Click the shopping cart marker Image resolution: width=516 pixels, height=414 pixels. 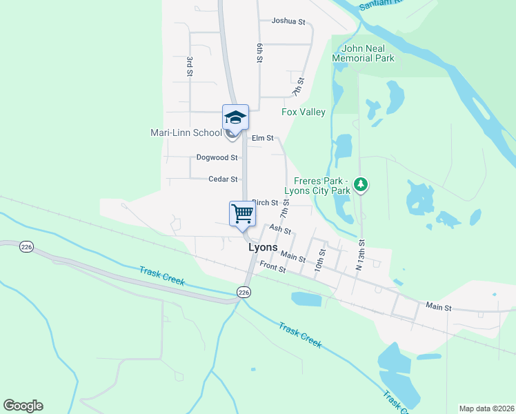242,213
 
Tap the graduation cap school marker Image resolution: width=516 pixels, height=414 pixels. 235,117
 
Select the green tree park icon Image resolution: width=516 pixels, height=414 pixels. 360,184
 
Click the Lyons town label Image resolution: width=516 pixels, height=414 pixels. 263,247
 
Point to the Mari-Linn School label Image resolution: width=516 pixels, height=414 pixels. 186,132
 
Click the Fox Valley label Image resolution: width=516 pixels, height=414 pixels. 304,112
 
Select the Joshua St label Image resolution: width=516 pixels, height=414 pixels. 288,21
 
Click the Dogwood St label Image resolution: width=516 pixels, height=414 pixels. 217,158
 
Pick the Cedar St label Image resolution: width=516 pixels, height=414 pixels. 223,179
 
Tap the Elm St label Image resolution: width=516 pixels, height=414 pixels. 263,138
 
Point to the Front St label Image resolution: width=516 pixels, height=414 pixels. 272,266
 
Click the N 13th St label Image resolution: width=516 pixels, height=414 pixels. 359,255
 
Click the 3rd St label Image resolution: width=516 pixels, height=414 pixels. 188,66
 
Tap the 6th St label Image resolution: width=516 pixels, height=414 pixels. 260,54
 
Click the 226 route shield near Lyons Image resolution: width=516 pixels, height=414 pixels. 243,293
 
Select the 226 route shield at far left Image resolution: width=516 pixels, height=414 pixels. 26,247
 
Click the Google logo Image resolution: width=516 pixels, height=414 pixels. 23,406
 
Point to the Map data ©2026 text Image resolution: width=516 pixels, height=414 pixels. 487,408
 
